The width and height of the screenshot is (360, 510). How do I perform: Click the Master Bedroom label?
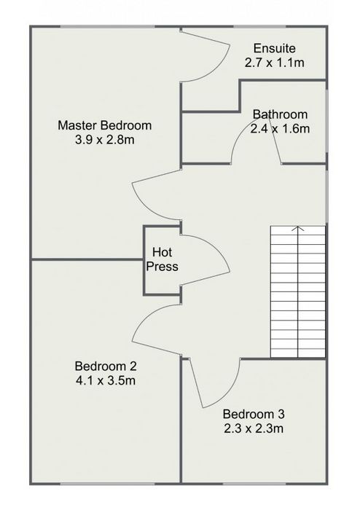click(x=105, y=125)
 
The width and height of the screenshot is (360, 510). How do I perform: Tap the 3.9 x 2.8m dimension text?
click(x=105, y=140)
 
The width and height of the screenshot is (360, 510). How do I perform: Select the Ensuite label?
click(x=275, y=49)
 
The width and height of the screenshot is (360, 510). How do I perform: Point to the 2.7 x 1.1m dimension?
click(x=275, y=63)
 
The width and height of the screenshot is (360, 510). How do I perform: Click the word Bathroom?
click(x=280, y=114)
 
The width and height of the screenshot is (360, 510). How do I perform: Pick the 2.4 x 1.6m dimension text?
click(x=280, y=129)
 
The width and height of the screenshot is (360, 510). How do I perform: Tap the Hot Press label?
click(x=162, y=259)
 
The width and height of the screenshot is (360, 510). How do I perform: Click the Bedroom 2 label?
click(x=106, y=366)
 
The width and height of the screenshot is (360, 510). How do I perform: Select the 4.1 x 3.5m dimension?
click(x=106, y=380)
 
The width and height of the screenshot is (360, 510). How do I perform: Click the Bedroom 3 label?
click(x=254, y=415)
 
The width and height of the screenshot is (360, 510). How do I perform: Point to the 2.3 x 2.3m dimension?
click(x=254, y=428)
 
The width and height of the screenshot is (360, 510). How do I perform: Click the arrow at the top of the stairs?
click(x=298, y=229)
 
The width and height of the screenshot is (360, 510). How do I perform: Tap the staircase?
click(x=298, y=291)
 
